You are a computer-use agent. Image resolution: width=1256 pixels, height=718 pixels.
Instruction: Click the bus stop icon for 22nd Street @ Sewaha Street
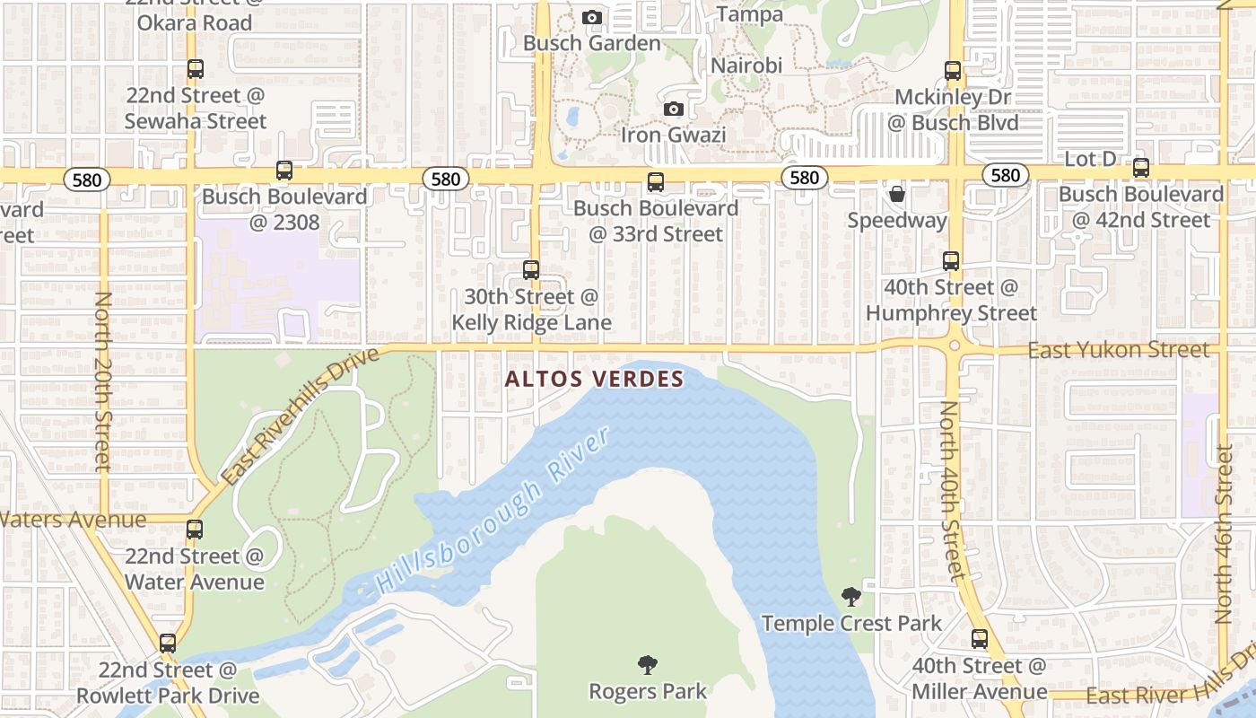[195, 68]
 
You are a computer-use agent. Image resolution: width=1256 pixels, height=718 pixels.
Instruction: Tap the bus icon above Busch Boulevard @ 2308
[284, 170]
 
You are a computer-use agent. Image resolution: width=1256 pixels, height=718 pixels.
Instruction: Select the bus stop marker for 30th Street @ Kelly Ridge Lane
[531, 269]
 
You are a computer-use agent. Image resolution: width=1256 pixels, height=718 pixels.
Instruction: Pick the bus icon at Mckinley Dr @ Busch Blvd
[953, 70]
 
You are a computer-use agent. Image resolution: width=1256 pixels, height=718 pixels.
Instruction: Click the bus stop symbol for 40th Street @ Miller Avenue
[980, 639]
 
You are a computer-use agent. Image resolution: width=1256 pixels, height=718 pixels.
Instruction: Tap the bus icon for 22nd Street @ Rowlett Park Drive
[168, 643]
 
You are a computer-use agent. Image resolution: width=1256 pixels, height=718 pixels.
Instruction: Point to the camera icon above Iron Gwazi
[673, 109]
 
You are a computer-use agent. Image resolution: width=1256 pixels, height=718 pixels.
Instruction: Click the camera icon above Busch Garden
[591, 17]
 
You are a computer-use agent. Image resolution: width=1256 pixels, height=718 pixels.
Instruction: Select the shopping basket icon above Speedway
[896, 194]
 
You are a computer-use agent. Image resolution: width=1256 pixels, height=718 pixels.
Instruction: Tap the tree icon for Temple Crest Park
[850, 596]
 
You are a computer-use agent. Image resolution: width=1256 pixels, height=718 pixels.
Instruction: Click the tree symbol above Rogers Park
[647, 665]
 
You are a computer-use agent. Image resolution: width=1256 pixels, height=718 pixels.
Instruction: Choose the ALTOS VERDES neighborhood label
[594, 379]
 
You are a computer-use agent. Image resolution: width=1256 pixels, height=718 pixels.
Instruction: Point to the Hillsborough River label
[493, 509]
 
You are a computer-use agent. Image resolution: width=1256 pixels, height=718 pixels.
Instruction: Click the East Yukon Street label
[1118, 350]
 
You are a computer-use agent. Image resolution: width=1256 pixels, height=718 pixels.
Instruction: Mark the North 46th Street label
[1224, 533]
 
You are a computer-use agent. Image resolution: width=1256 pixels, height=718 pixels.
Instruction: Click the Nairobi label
[746, 66]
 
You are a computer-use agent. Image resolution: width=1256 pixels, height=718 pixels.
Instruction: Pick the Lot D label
[1090, 159]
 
